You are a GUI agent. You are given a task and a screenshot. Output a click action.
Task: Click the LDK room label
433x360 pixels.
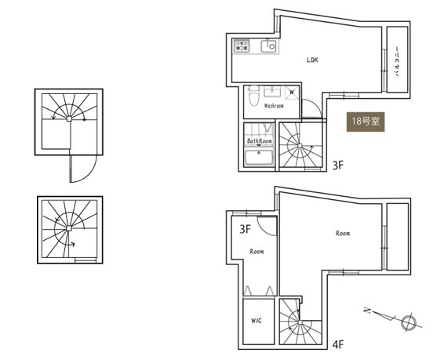[x=312, y=60]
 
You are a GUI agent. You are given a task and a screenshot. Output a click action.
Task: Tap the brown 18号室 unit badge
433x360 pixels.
[x=366, y=122]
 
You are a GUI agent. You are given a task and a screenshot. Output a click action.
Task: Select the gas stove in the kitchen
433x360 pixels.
[x=242, y=45]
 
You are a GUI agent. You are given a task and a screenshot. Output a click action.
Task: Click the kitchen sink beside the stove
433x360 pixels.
[x=268, y=45]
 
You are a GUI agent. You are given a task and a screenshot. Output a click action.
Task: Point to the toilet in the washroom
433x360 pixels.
[x=253, y=96]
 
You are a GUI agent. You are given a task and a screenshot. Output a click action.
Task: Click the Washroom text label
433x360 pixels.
[x=274, y=106]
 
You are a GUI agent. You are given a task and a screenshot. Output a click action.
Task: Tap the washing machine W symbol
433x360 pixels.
[x=292, y=93]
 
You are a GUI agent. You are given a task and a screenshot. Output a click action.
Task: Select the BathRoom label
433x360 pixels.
[x=260, y=141]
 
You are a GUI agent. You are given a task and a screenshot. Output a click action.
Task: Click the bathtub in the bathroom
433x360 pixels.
[x=259, y=158]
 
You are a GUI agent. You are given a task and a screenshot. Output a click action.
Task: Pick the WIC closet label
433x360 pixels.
[x=257, y=321]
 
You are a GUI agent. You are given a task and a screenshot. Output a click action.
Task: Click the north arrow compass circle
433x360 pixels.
[x=408, y=322]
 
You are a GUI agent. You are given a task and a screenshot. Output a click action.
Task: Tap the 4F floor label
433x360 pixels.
[x=338, y=344]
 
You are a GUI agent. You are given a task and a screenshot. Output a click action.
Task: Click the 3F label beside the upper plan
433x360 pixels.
[x=338, y=165]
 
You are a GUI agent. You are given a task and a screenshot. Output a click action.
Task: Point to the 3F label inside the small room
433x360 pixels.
[x=245, y=229]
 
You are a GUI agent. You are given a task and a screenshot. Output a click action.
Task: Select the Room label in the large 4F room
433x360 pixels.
[x=343, y=233]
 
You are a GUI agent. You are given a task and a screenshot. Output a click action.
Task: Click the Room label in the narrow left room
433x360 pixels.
[x=257, y=252]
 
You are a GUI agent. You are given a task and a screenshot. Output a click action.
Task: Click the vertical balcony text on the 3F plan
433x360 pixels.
[x=397, y=62]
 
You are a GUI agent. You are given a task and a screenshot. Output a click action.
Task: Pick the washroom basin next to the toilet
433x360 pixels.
[x=272, y=92]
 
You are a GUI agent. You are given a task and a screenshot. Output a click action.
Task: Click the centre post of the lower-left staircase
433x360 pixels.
[x=69, y=228]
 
